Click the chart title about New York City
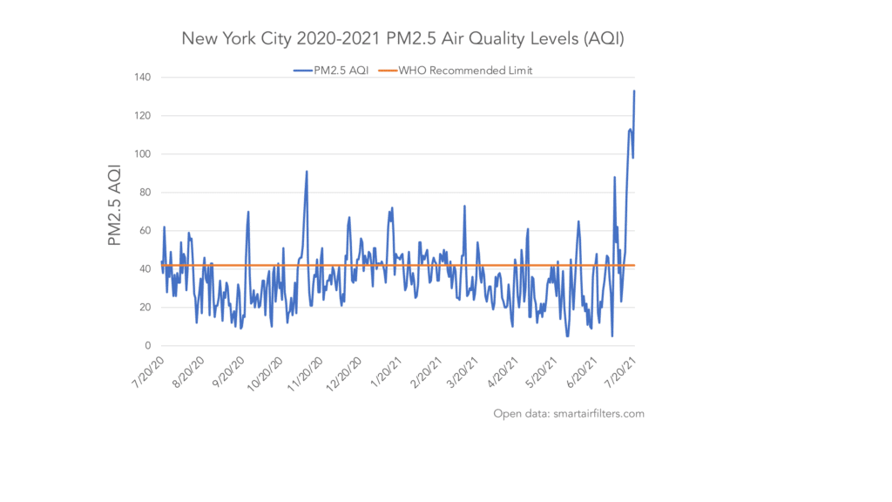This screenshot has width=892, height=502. [x=402, y=38]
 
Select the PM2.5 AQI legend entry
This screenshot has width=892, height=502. [x=331, y=71]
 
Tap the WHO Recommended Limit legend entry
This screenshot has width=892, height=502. [x=455, y=71]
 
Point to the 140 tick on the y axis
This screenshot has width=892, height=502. [x=143, y=78]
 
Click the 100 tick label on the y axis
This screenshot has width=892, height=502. [x=143, y=154]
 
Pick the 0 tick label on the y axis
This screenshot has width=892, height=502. [x=148, y=345]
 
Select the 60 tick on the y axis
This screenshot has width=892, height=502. [x=145, y=230]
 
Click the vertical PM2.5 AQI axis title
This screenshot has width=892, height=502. [x=114, y=206]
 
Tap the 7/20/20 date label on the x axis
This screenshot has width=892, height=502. [x=148, y=372]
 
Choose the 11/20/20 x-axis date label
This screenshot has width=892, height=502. [x=305, y=374]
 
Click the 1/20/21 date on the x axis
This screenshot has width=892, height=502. [x=386, y=372]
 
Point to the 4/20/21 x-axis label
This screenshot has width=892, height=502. [x=503, y=372]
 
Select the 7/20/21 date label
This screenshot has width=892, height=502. [x=620, y=372]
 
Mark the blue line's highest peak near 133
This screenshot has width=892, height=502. [x=634, y=91]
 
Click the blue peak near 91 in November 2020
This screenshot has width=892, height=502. [x=307, y=172]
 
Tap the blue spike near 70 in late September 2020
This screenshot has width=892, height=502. [x=248, y=212]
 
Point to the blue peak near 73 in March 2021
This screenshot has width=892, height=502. [x=465, y=206]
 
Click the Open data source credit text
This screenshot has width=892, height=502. [x=569, y=414]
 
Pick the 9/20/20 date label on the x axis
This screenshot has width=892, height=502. [x=228, y=372]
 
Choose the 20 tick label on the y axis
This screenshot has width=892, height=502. [x=145, y=308]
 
